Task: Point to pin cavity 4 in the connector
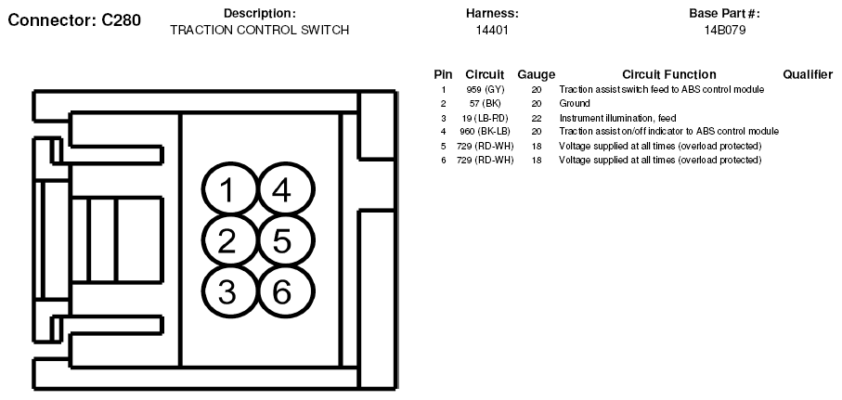[285, 189]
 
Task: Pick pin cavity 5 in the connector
[285, 240]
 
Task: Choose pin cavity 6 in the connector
[285, 291]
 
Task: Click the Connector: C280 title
[74, 20]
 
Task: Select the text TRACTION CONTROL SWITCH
[259, 30]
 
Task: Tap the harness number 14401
[492, 30]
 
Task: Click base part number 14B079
[725, 30]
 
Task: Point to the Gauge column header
[536, 74]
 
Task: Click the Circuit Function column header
[669, 74]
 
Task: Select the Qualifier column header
[808, 74]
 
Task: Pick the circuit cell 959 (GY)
[486, 90]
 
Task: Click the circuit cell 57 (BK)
[485, 104]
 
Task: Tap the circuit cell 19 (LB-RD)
[485, 118]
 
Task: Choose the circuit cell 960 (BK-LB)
[485, 132]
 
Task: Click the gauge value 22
[537, 118]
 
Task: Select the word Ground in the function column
[575, 104]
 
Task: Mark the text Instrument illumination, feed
[617, 118]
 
